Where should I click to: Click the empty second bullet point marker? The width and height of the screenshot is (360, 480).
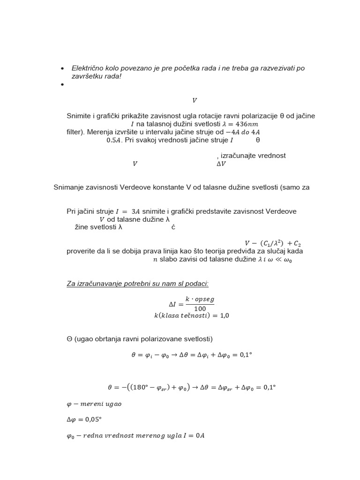click(x=62, y=85)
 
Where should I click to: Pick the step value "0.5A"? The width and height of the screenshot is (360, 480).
click(x=114, y=140)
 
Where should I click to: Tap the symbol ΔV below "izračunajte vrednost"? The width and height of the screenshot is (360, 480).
click(x=221, y=164)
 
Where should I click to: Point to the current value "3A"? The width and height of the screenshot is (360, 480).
click(x=135, y=211)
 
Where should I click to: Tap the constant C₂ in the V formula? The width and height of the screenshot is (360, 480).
click(x=297, y=243)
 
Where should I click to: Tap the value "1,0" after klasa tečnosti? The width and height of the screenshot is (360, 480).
click(x=224, y=316)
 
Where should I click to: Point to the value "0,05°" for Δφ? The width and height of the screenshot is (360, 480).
click(x=96, y=420)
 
